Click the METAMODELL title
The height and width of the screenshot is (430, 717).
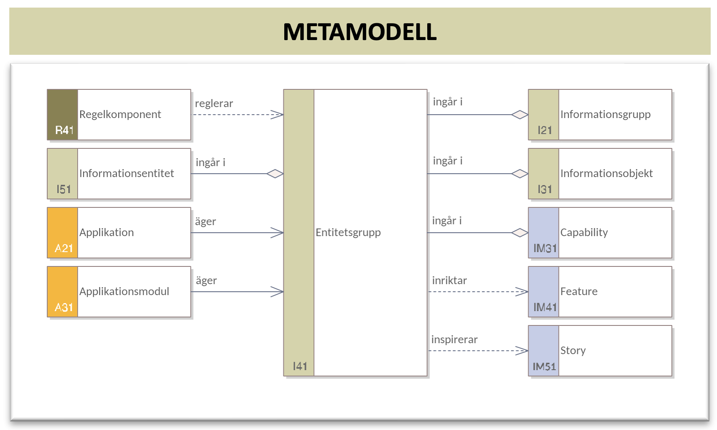360,32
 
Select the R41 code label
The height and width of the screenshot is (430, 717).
64,130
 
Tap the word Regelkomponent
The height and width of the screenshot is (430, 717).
120,115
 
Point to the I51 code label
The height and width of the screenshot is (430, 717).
64,189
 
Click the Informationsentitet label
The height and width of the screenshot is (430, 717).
127,173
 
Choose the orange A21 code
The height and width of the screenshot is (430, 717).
64,248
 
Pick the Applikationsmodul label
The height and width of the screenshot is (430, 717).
124,291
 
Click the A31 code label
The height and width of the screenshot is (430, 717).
64,307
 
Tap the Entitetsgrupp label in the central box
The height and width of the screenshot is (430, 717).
348,233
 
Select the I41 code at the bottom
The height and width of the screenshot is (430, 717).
300,366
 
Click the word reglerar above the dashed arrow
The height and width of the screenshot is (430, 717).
214,103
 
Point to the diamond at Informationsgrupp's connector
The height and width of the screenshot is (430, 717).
520,115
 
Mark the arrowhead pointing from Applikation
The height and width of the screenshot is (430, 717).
277,233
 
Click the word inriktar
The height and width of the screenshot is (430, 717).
450,281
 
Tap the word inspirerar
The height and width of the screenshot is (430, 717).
454,339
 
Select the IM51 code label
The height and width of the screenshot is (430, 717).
544,366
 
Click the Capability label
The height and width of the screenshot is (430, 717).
584,233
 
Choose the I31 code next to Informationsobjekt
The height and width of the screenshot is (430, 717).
545,189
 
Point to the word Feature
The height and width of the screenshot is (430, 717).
579,291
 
